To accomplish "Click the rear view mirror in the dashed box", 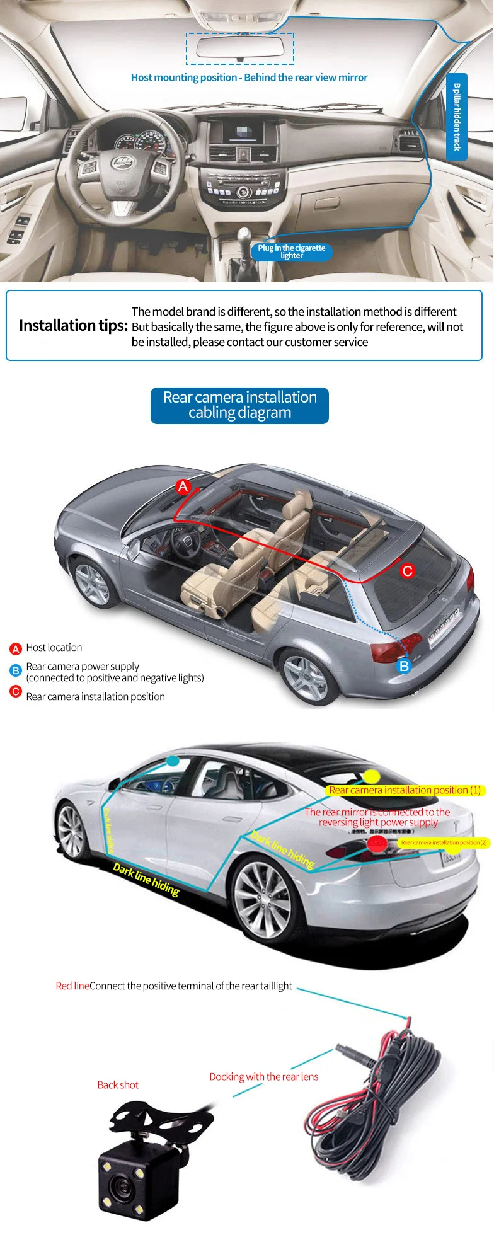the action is pyautogui.click(x=239, y=48).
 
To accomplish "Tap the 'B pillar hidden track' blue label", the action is pyautogui.click(x=457, y=117).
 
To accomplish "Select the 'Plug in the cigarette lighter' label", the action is pyautogui.click(x=291, y=251).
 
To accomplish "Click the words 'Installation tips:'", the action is pyautogui.click(x=73, y=325).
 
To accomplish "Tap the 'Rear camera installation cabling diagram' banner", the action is pyautogui.click(x=239, y=405).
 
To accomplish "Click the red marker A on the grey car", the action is pyautogui.click(x=183, y=486).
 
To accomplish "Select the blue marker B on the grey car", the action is pyautogui.click(x=404, y=666).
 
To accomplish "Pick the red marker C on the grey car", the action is pyautogui.click(x=408, y=571).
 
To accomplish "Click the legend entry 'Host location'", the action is pyautogui.click(x=54, y=648).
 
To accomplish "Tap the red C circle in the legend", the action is pyautogui.click(x=16, y=691).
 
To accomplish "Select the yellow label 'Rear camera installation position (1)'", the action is pyautogui.click(x=405, y=790).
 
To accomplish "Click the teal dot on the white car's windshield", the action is pyautogui.click(x=173, y=761).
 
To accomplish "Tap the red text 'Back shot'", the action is pyautogui.click(x=118, y=1085).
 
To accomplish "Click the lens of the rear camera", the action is pyautogui.click(x=120, y=1188).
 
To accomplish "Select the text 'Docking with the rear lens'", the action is pyautogui.click(x=264, y=1077).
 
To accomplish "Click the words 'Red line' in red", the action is pyautogui.click(x=72, y=986).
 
